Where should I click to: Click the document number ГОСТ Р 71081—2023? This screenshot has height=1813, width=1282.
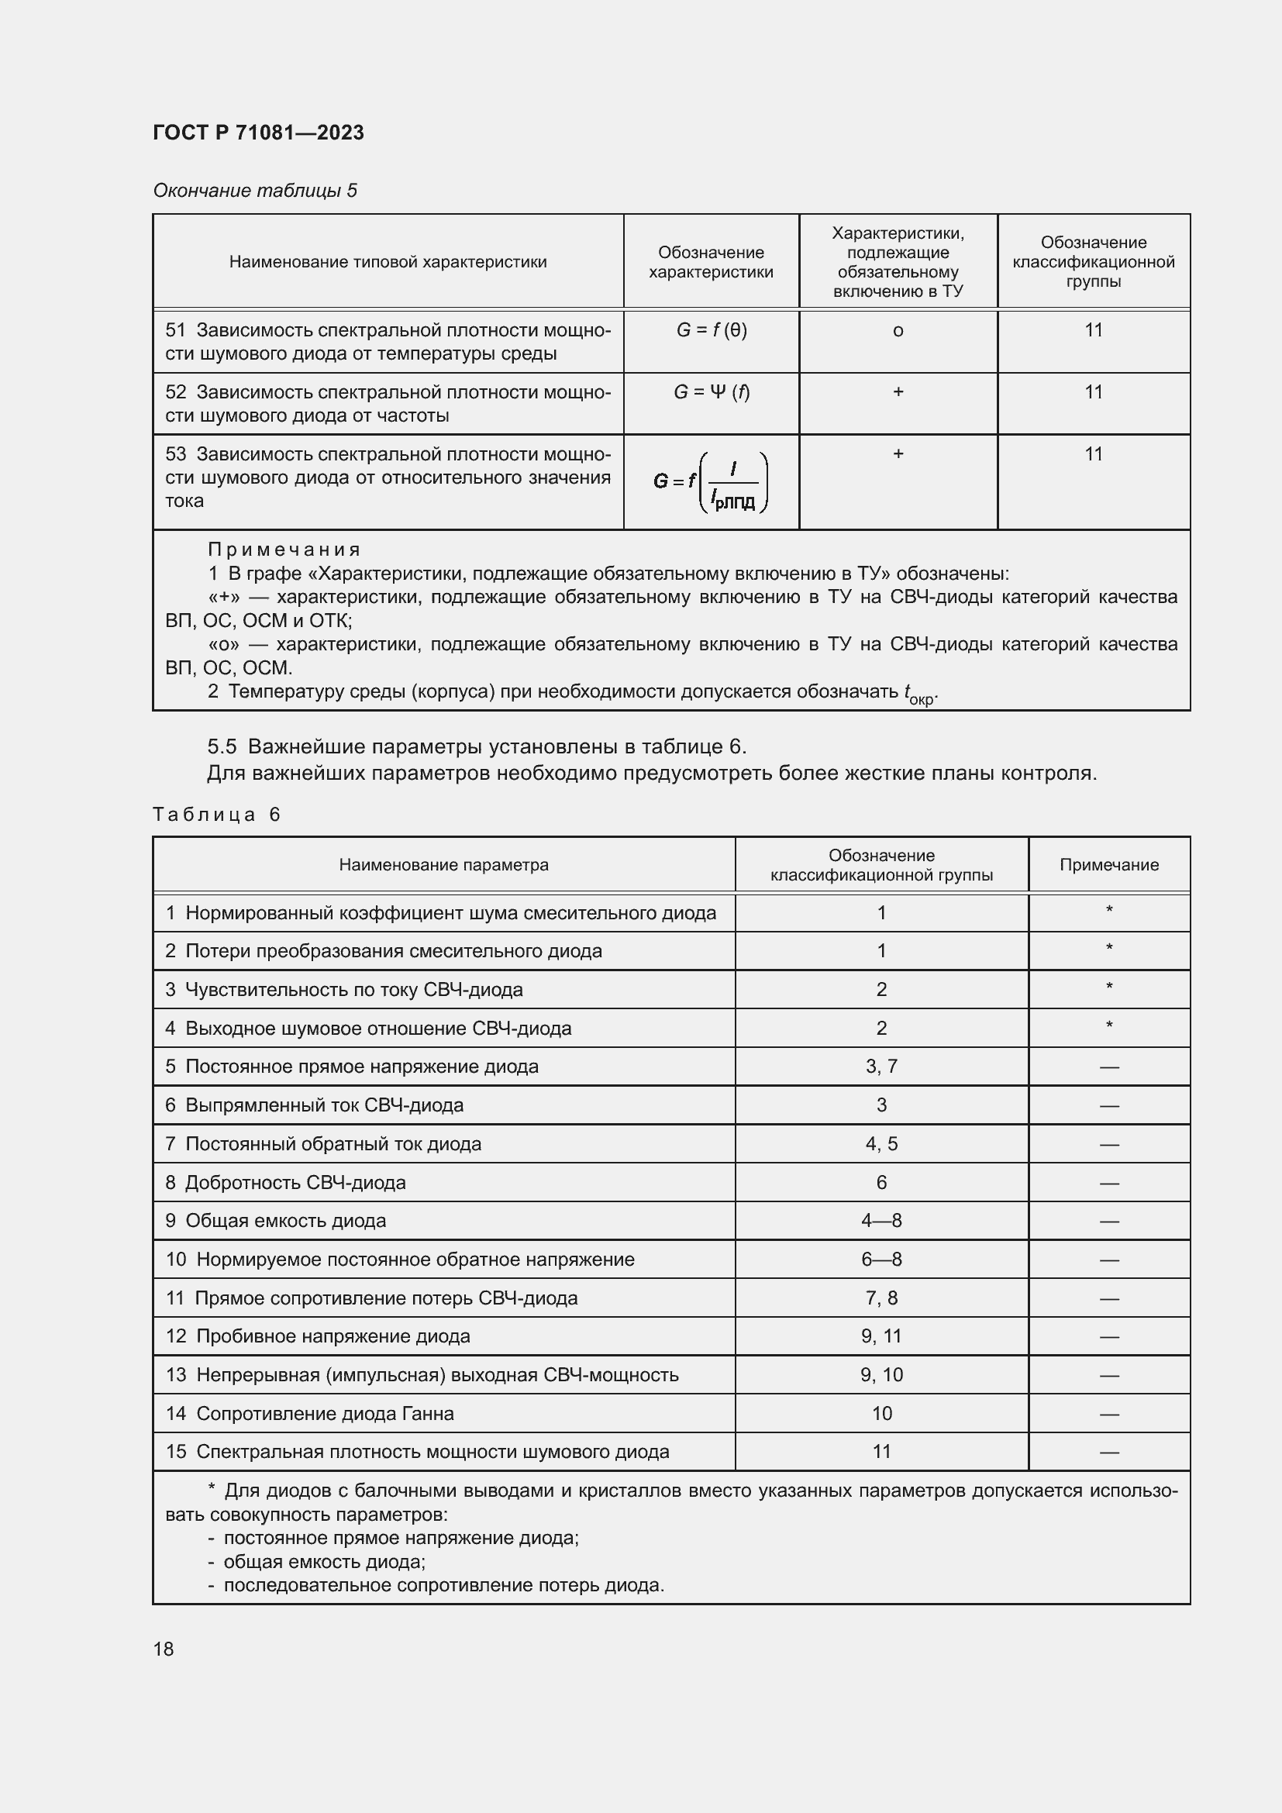(x=258, y=133)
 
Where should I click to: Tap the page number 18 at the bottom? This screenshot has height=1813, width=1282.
(x=164, y=1649)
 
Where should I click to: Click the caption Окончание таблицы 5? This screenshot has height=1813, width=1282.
(x=255, y=191)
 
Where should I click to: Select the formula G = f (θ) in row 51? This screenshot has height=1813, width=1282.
(x=712, y=330)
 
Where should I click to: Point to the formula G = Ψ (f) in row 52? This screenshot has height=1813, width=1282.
(x=712, y=391)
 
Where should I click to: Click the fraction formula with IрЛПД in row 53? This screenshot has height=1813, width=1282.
(x=712, y=481)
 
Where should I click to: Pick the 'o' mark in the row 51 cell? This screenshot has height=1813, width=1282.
(x=898, y=331)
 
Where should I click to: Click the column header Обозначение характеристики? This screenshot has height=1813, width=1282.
(x=711, y=262)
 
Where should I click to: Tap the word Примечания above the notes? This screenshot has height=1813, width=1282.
(x=284, y=550)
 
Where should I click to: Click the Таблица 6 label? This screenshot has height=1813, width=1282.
(x=216, y=815)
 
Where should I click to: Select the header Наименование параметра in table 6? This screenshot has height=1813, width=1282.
(x=443, y=865)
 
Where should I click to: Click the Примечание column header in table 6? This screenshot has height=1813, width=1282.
(x=1108, y=865)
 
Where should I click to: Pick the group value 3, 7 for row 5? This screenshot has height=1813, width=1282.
(x=881, y=1067)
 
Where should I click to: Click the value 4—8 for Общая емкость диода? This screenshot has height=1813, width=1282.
(x=881, y=1221)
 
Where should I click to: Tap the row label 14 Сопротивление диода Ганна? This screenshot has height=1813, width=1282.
(x=309, y=1414)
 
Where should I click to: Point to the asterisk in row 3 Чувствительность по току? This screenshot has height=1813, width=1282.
(x=1109, y=987)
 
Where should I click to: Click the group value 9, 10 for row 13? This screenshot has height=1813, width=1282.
(x=881, y=1375)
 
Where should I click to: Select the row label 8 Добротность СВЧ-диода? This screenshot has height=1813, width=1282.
(x=286, y=1182)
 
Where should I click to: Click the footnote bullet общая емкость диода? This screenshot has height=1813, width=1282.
(x=324, y=1562)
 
